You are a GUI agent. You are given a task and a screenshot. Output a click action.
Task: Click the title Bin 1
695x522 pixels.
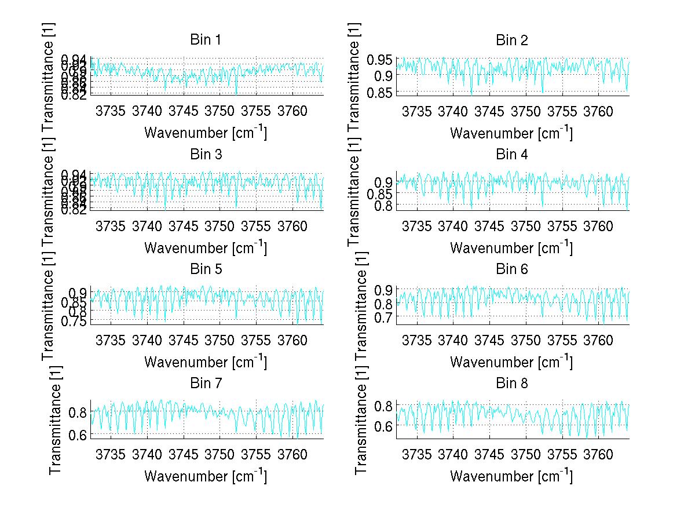(206, 40)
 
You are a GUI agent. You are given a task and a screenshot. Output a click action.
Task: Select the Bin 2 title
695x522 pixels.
(512, 40)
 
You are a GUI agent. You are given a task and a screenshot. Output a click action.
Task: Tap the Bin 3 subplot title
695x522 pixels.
(206, 155)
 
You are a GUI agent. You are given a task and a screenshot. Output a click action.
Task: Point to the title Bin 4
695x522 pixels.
(512, 155)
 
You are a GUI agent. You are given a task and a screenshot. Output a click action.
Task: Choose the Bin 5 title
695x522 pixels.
(206, 269)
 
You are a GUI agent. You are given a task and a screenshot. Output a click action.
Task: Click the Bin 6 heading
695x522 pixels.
(512, 269)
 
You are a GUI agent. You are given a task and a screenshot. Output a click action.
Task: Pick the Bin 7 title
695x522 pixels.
(206, 383)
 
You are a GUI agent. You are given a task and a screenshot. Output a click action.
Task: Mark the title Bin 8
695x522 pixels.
(512, 383)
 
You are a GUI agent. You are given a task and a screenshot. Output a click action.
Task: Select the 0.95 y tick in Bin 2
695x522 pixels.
(381, 59)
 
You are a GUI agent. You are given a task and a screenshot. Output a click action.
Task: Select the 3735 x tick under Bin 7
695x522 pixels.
(111, 455)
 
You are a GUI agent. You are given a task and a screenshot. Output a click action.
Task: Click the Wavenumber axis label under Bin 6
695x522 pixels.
(511, 362)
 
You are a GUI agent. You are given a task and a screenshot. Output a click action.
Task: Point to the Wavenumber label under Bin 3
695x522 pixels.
(206, 247)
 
